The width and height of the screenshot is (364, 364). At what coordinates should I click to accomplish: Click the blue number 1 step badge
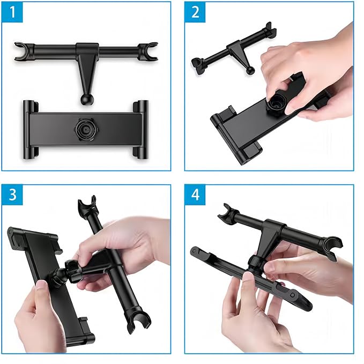point(12,12)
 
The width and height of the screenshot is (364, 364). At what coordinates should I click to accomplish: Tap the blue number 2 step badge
point(195,12)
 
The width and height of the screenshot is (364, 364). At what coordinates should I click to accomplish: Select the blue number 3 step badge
point(12,195)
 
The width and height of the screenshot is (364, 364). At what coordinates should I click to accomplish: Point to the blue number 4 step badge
point(195,195)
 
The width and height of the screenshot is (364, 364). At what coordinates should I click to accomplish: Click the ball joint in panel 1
point(86,99)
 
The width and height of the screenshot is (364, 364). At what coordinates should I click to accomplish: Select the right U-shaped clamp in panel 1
point(148,51)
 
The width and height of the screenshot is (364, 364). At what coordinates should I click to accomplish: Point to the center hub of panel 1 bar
point(87,49)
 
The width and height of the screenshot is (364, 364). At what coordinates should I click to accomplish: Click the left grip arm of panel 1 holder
point(31,129)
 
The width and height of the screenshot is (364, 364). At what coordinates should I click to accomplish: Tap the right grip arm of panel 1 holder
point(140,129)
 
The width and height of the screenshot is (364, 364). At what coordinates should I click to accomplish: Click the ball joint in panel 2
point(250,71)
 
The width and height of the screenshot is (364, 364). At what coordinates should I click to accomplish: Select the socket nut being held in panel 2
point(276,103)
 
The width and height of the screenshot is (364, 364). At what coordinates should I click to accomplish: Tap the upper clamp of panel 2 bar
point(270,30)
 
